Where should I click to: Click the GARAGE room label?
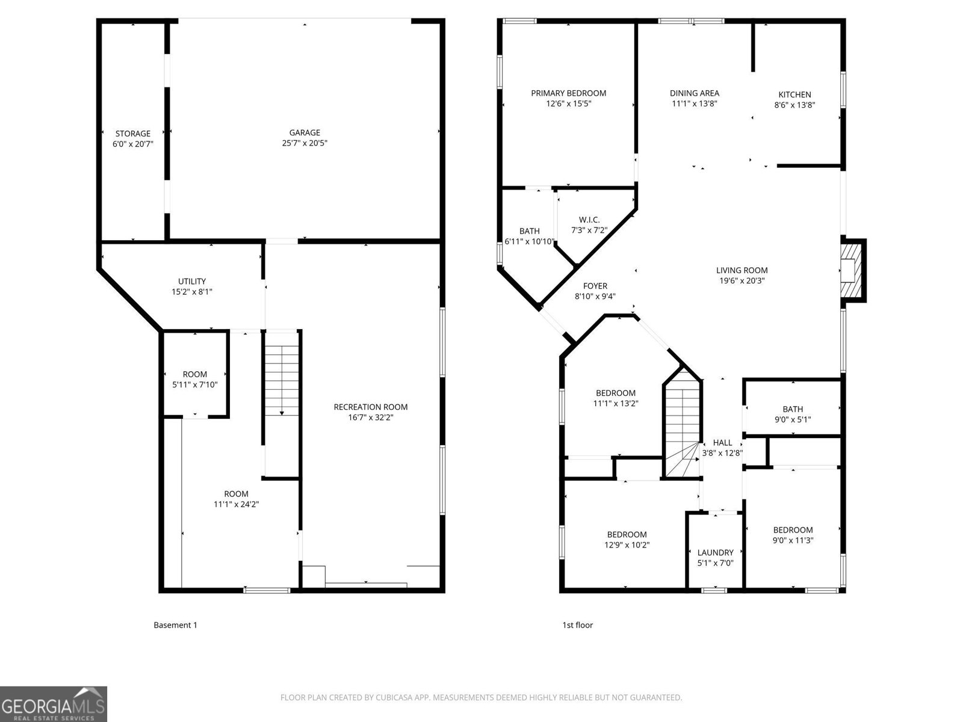304,133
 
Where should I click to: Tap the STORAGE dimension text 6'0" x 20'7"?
133,144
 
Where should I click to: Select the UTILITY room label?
191,281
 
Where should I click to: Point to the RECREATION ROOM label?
370,407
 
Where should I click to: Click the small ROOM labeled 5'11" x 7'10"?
194,379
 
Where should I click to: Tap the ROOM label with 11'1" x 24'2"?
236,499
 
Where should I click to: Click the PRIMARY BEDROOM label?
568,93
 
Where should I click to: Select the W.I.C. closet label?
589,220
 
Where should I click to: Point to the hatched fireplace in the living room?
852,270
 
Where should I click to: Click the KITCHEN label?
794,94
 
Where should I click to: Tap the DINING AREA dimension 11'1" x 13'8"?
694,103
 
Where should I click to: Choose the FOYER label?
595,286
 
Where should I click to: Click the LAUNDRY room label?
715,552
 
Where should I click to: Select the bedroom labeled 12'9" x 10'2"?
627,540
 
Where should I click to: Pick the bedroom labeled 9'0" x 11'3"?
793,535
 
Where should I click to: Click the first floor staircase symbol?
683,424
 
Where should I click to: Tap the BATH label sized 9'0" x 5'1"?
793,414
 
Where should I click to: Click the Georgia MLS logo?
54,703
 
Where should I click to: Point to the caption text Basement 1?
175,625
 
